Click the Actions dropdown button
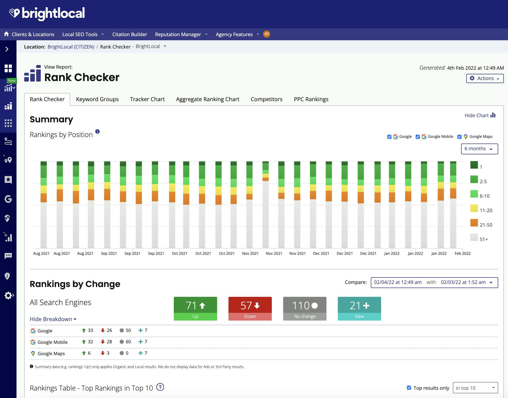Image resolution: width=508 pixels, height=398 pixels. click(485, 78)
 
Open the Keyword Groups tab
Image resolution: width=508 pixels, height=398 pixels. click(97, 99)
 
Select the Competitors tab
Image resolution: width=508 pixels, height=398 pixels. click(266, 99)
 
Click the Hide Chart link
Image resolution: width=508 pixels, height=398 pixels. click(480, 115)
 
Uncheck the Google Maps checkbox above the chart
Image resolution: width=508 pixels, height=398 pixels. click(459, 137)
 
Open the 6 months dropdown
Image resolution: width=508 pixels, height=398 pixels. click(479, 149)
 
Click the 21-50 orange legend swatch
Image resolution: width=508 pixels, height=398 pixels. click(474, 223)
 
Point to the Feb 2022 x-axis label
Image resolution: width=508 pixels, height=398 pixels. click(462, 253)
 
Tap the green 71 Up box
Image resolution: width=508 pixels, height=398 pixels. click(195, 308)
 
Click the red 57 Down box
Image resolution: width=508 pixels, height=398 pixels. click(250, 308)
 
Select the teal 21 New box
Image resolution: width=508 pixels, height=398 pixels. click(359, 308)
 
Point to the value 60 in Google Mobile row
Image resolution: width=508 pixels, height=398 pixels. click(128, 342)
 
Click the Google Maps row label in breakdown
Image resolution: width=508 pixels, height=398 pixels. click(51, 354)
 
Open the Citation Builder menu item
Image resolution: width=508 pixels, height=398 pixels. click(129, 34)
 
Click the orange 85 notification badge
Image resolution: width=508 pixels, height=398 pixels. click(266, 34)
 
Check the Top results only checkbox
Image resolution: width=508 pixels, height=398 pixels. click(409, 388)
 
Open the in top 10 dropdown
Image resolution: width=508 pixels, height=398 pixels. click(475, 388)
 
